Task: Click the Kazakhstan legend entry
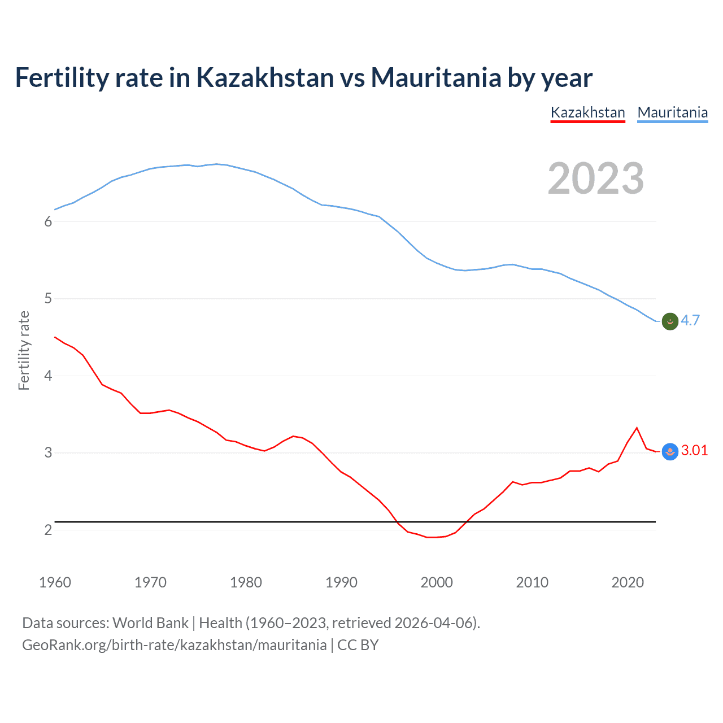pyautogui.click(x=587, y=112)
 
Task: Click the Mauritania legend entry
pyautogui.click(x=672, y=112)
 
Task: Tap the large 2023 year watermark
pyautogui.click(x=595, y=178)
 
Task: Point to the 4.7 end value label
pyautogui.click(x=690, y=320)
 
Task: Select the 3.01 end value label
pyautogui.click(x=694, y=450)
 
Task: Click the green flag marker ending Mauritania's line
pyautogui.click(x=670, y=321)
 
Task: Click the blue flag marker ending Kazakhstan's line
pyautogui.click(x=670, y=451)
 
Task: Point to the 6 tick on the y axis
pyautogui.click(x=48, y=221)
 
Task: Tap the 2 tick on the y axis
pyautogui.click(x=48, y=530)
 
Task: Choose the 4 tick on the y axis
pyautogui.click(x=48, y=376)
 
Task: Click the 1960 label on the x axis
pyautogui.click(x=55, y=582)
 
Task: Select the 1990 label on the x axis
pyautogui.click(x=341, y=582)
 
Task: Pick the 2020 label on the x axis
pyautogui.click(x=628, y=582)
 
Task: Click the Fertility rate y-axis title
pyautogui.click(x=24, y=350)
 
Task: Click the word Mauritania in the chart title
pyautogui.click(x=435, y=77)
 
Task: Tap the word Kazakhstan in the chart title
pyautogui.click(x=265, y=77)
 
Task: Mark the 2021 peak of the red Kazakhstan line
pyautogui.click(x=637, y=428)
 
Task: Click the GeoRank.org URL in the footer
pyautogui.click(x=174, y=645)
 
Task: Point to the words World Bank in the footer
pyautogui.click(x=150, y=623)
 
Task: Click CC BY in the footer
pyautogui.click(x=358, y=645)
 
